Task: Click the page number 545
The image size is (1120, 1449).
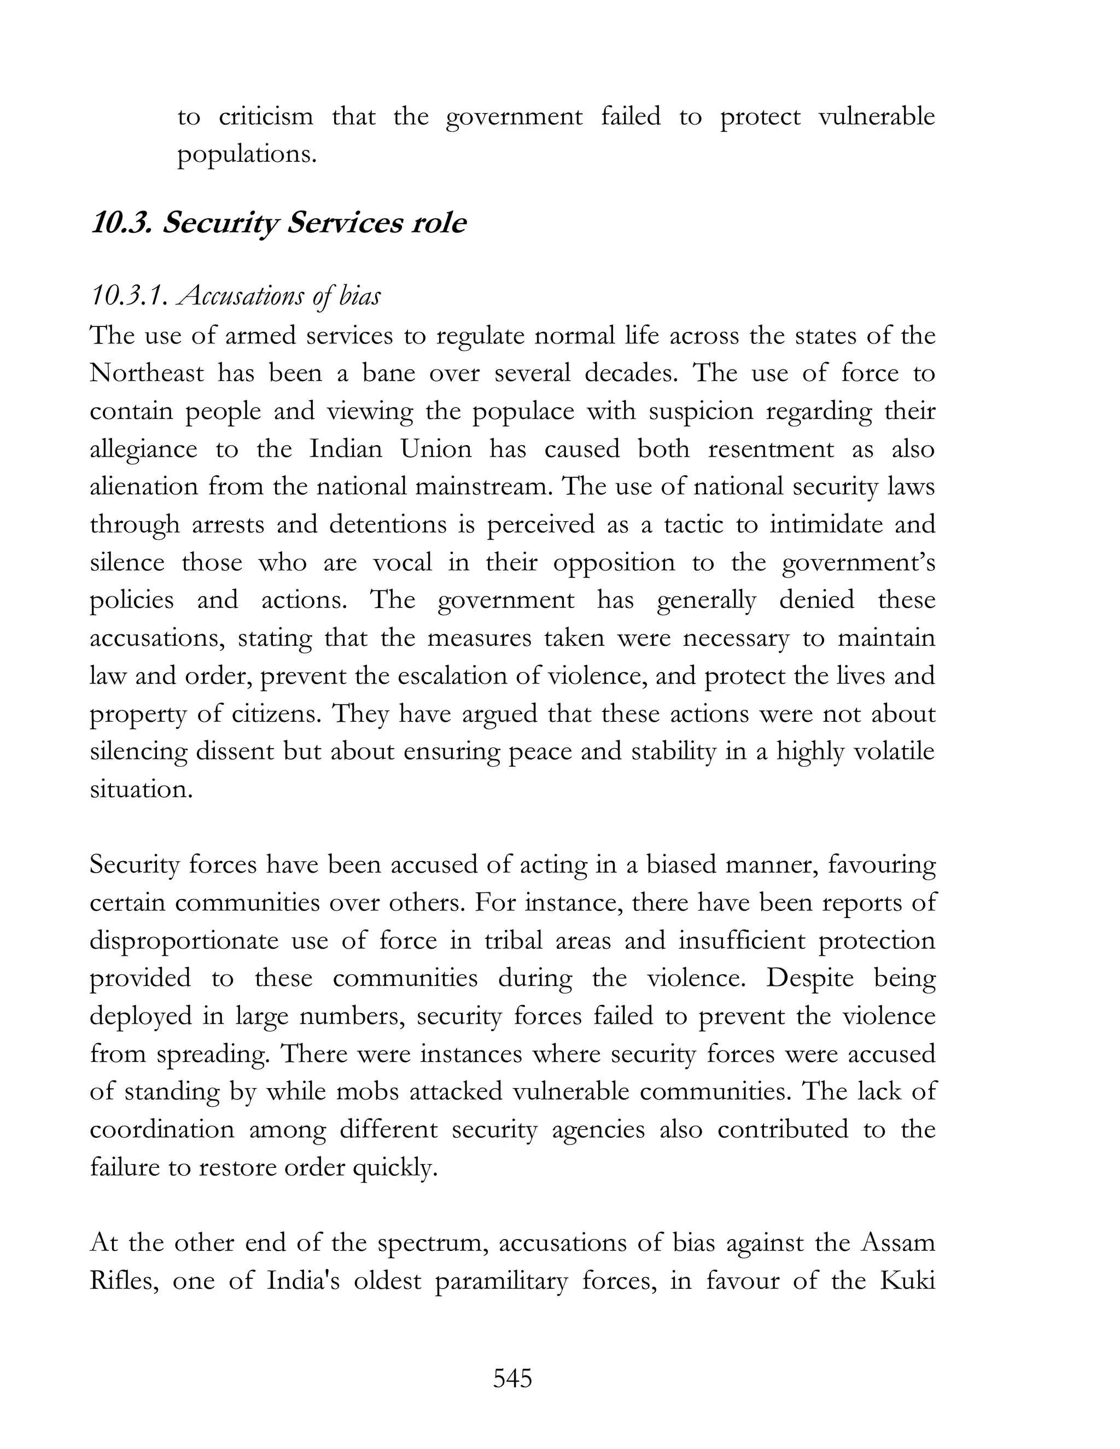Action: pyautogui.click(x=512, y=1378)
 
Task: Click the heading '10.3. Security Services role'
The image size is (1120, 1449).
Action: pyautogui.click(x=278, y=223)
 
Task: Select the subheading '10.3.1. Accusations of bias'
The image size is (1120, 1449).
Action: pyautogui.click(x=236, y=296)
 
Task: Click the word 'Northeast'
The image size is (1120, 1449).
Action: pyautogui.click(x=147, y=373)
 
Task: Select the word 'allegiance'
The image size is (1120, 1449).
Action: pyautogui.click(x=143, y=449)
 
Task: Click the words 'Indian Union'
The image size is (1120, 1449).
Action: pyautogui.click(x=390, y=448)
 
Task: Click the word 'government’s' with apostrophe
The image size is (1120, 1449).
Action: pyautogui.click(x=859, y=563)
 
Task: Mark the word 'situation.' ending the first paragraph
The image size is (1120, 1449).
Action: pyautogui.click(x=141, y=789)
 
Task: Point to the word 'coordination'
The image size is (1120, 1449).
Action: pyautogui.click(x=162, y=1129)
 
